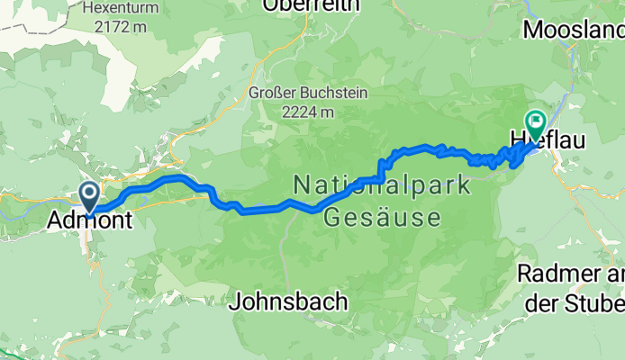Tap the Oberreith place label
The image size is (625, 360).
[311, 6]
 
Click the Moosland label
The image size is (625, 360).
[574, 30]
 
